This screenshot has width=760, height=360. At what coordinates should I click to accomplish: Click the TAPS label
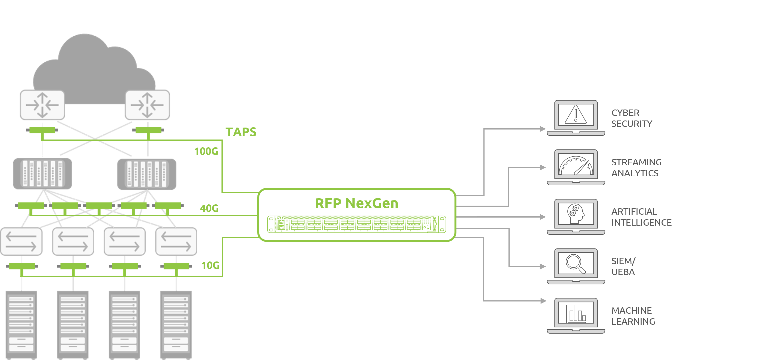241,132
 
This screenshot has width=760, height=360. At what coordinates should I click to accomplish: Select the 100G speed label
206,151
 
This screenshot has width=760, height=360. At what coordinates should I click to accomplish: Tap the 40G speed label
209,208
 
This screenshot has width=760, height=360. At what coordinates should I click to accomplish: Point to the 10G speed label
210,266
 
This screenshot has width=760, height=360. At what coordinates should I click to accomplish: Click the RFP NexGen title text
356,203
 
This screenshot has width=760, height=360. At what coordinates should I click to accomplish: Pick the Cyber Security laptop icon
576,118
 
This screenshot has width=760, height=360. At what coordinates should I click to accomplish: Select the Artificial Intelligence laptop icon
576,217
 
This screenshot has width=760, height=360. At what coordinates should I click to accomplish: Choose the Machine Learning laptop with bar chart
576,315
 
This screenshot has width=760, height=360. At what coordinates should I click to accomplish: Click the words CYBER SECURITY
631,118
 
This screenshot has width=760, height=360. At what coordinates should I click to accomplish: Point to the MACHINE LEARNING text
633,316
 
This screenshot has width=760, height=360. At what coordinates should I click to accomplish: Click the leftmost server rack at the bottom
21,325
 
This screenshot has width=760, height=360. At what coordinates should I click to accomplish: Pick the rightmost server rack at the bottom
176,325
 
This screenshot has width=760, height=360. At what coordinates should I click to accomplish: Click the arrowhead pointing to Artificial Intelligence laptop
543,217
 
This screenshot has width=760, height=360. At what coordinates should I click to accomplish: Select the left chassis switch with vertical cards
42,173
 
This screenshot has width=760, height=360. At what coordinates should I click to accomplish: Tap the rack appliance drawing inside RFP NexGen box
356,224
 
